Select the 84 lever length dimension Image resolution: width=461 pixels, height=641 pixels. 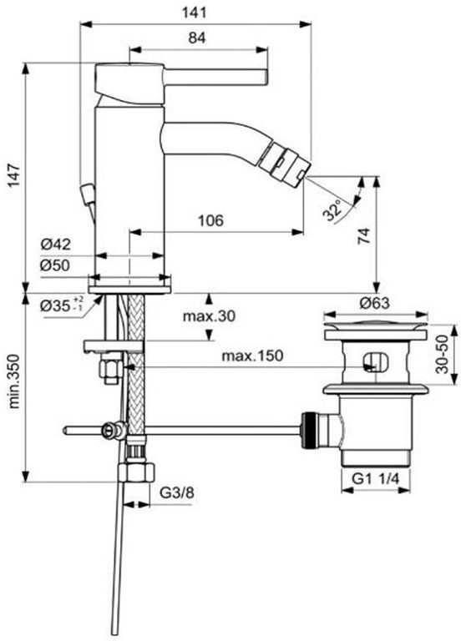pos(198,37)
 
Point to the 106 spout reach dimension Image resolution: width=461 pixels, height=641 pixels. pos(210,220)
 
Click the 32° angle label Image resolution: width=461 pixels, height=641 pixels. pos(333,210)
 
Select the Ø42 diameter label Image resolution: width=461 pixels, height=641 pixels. pos(56,245)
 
